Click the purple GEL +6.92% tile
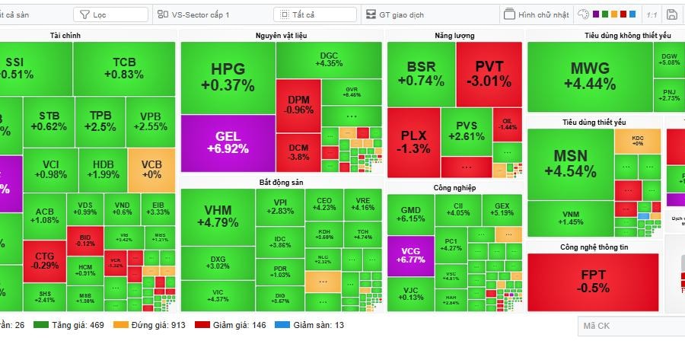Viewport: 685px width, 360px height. (x=228, y=143)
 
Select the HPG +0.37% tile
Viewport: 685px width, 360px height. (x=228, y=77)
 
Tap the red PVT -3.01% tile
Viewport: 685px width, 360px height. (x=489, y=73)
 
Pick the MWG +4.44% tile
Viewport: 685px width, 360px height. (x=589, y=76)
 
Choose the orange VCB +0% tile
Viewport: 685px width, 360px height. (x=151, y=170)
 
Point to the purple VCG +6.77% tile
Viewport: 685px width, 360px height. (x=410, y=255)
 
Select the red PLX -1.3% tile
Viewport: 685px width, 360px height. (x=414, y=142)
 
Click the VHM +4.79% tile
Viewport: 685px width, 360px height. (x=217, y=217)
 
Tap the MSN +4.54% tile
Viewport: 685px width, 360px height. (x=570, y=163)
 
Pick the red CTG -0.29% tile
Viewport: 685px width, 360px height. (x=45, y=260)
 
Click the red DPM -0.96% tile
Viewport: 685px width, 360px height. (x=298, y=105)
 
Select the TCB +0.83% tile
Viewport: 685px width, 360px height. (x=123, y=68)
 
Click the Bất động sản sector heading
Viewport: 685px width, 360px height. (x=282, y=182)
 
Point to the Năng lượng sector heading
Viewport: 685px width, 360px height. (x=454, y=35)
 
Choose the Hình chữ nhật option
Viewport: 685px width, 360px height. (x=537, y=14)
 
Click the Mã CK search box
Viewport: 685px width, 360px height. (x=629, y=327)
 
